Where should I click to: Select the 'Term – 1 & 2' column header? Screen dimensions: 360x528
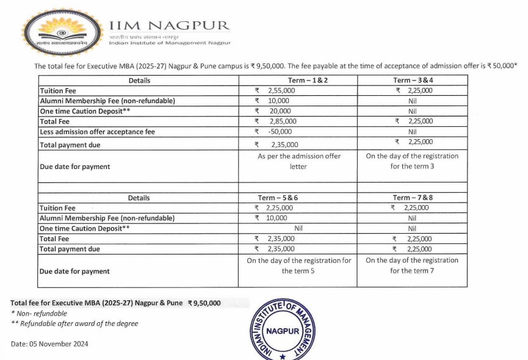[x=297, y=81]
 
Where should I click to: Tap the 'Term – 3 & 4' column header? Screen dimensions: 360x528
[x=412, y=81]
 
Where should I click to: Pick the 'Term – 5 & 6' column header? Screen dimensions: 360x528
[x=297, y=198]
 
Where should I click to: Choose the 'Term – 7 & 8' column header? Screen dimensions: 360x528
[x=412, y=198]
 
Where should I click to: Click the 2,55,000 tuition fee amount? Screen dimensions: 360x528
[x=282, y=90]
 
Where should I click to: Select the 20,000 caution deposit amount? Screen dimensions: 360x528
[x=280, y=111]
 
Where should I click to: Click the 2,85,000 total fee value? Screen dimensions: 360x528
[x=282, y=121]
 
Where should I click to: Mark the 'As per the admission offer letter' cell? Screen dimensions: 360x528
[x=298, y=161]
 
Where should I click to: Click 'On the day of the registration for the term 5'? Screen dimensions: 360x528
[x=298, y=265]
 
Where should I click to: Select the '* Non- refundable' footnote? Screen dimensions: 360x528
[x=39, y=313]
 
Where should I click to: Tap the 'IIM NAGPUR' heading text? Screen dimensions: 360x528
[x=169, y=26]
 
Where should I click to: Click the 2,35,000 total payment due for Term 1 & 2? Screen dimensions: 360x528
[x=284, y=145]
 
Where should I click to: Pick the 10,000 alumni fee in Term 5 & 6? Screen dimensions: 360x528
[x=277, y=218]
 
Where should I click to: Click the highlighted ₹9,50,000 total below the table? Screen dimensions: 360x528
[x=204, y=303]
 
